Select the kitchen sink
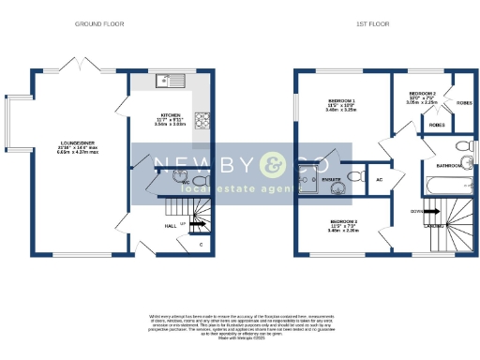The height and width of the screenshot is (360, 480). (173, 80)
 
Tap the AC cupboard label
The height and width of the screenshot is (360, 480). (379, 179)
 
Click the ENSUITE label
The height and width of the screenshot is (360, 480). (330, 178)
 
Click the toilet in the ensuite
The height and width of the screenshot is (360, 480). (354, 176)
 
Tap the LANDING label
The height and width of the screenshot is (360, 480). (433, 226)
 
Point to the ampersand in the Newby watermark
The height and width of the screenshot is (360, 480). (271, 167)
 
